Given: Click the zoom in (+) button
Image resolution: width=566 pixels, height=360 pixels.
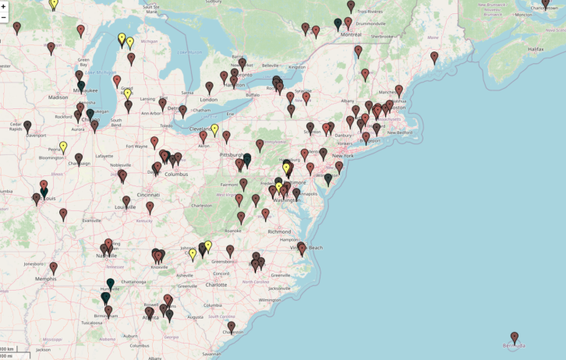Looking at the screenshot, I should point(4,6).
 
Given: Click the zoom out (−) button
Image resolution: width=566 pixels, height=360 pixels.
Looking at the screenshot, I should point(4,17).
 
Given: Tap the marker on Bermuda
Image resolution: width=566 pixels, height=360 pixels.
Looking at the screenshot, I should point(515,337).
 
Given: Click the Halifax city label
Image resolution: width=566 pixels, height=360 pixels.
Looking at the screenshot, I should point(535,49).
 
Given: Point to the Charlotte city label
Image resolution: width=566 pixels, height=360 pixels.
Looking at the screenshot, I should point(216,285).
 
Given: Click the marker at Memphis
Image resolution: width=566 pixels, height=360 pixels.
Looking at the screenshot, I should point(53,268).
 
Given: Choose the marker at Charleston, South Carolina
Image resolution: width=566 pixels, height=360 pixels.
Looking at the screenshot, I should point(231,326).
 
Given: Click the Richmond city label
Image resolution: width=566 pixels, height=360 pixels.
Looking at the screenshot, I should point(279,231).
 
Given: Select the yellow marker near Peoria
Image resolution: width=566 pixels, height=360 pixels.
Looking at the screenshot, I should point(63,146).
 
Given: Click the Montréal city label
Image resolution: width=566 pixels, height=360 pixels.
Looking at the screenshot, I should point(351,34).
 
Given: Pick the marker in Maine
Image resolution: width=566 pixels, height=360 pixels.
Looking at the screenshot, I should point(434,57).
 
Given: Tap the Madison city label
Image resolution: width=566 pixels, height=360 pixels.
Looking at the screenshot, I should point(58,97).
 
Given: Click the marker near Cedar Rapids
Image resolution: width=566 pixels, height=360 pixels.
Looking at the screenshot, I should point(27,126).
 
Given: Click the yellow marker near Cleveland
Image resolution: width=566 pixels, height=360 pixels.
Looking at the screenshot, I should point(214,129).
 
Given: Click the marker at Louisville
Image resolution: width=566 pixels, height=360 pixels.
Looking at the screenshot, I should point(126,202).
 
